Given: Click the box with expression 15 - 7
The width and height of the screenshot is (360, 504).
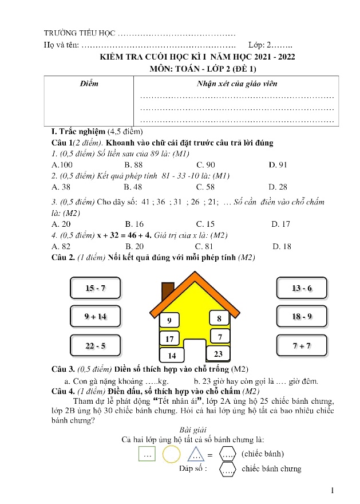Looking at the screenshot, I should tap(95, 288).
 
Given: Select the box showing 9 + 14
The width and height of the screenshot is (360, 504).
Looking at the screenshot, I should tap(95, 316).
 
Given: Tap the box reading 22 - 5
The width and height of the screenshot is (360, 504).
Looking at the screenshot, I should tap(95, 345).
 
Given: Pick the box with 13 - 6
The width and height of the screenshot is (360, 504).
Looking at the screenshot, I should tap(302, 288).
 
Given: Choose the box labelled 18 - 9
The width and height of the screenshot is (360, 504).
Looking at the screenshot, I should tap(302, 316).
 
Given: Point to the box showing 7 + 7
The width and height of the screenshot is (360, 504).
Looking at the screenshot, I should tap(302, 345).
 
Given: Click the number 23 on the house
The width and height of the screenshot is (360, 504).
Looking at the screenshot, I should tap(217, 355).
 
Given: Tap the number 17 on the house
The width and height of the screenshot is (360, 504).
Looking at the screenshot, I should tap(169, 339).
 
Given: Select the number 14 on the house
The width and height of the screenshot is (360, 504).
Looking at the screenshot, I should tap(171, 356).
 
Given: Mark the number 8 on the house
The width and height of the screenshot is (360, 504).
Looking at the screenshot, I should tap(219, 318).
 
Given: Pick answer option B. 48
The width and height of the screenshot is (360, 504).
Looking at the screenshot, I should tap(133, 187).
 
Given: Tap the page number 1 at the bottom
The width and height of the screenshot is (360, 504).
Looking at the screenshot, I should tap(333, 490).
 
